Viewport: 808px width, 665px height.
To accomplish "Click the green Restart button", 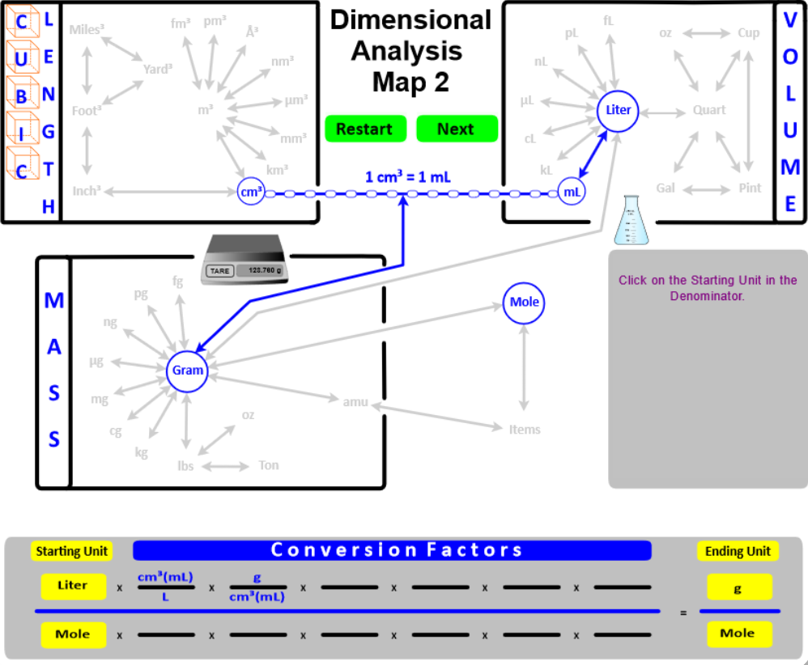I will (x=365, y=129).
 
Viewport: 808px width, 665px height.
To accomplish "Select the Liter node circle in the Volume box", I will (x=619, y=110).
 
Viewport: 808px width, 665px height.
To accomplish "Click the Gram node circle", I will (x=187, y=371).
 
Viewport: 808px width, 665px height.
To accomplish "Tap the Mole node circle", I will (x=524, y=302).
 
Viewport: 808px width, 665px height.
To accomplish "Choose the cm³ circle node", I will (x=251, y=192).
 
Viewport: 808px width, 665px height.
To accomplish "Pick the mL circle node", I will (x=572, y=193).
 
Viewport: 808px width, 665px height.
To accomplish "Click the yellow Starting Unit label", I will (x=72, y=552).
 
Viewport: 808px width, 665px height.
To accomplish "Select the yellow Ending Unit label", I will (x=737, y=552).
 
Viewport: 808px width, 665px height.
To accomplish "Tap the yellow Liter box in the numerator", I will (x=73, y=585).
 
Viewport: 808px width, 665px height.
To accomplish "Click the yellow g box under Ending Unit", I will (x=738, y=587).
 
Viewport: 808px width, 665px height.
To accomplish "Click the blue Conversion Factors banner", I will (x=392, y=551).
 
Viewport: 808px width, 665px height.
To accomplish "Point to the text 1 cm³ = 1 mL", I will (x=402, y=176).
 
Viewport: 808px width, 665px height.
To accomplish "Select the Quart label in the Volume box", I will (x=709, y=110).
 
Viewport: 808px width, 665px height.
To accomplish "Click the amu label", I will (x=355, y=400).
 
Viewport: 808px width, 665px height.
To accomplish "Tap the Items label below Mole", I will (x=524, y=430).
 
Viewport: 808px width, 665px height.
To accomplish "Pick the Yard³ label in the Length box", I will (x=158, y=69).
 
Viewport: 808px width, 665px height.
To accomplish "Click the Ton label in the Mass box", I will (x=268, y=465).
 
